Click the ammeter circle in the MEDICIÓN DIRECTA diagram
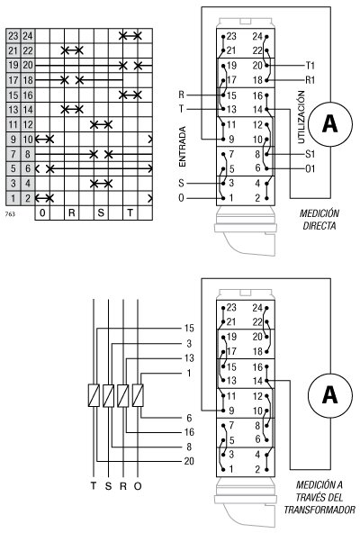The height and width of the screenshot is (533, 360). coord(328,124)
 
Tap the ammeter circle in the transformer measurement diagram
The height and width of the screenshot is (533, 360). coord(328,393)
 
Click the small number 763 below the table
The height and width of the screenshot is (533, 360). coord(10,214)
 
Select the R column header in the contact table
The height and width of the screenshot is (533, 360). coord(72,212)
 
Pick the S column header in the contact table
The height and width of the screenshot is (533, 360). coord(101,212)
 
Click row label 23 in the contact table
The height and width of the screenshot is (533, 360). coord(12,36)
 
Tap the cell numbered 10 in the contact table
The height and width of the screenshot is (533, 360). coord(27,139)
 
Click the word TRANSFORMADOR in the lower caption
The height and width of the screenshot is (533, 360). coord(319,510)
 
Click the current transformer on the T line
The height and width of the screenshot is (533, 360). coord(94,394)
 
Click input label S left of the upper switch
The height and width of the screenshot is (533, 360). coord(184,182)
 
